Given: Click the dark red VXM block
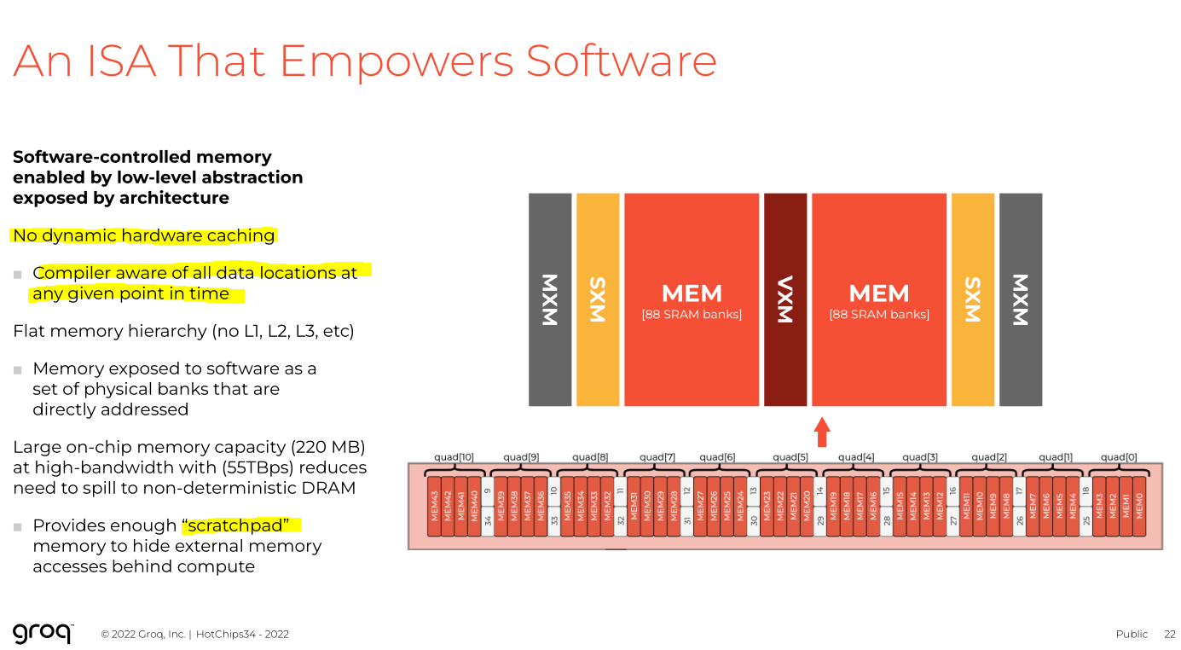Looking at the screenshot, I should pos(784,299).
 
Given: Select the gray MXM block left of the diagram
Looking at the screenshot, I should pos(550,299).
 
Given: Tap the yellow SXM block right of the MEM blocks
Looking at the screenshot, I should pos(972,299).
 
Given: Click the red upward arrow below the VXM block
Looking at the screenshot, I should pos(822,432).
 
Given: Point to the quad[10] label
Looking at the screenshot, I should pos(454,457).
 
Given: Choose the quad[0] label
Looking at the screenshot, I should pos(1118,457).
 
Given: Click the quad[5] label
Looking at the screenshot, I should pos(790,457).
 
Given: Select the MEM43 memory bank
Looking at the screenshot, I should pos(434,506).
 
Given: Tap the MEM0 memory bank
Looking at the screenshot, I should pos(1139,506).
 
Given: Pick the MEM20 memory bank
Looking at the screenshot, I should pos(807,506).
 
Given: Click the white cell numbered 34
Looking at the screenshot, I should pos(488,520).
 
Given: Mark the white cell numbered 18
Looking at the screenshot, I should pos(1085,491).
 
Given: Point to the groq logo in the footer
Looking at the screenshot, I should pos(43,633).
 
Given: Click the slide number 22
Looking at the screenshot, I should pos(1169,634).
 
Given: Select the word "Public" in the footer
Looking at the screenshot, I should pos(1132,634).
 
